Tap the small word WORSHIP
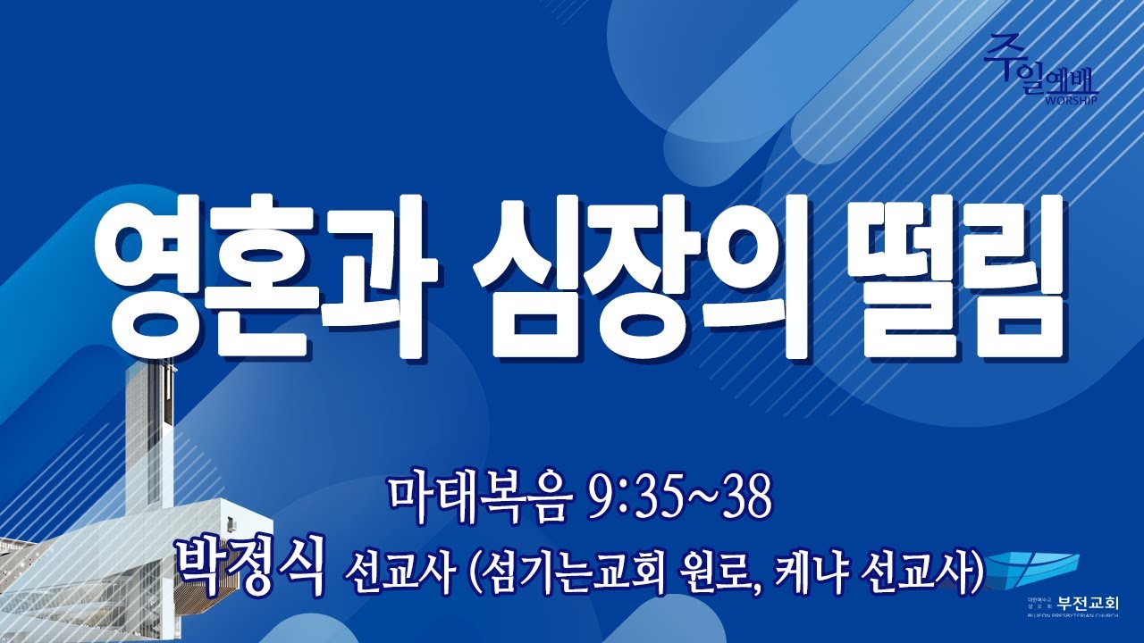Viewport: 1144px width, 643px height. pos(1066,99)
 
